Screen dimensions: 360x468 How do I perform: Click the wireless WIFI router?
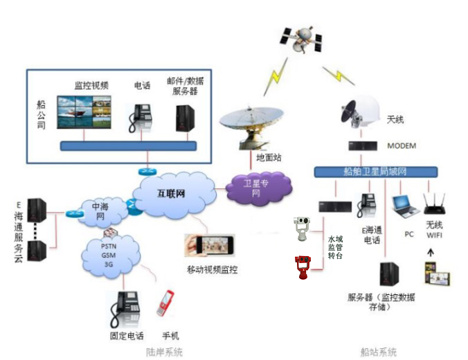point(435,203)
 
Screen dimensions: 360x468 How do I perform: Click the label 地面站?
point(269,158)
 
